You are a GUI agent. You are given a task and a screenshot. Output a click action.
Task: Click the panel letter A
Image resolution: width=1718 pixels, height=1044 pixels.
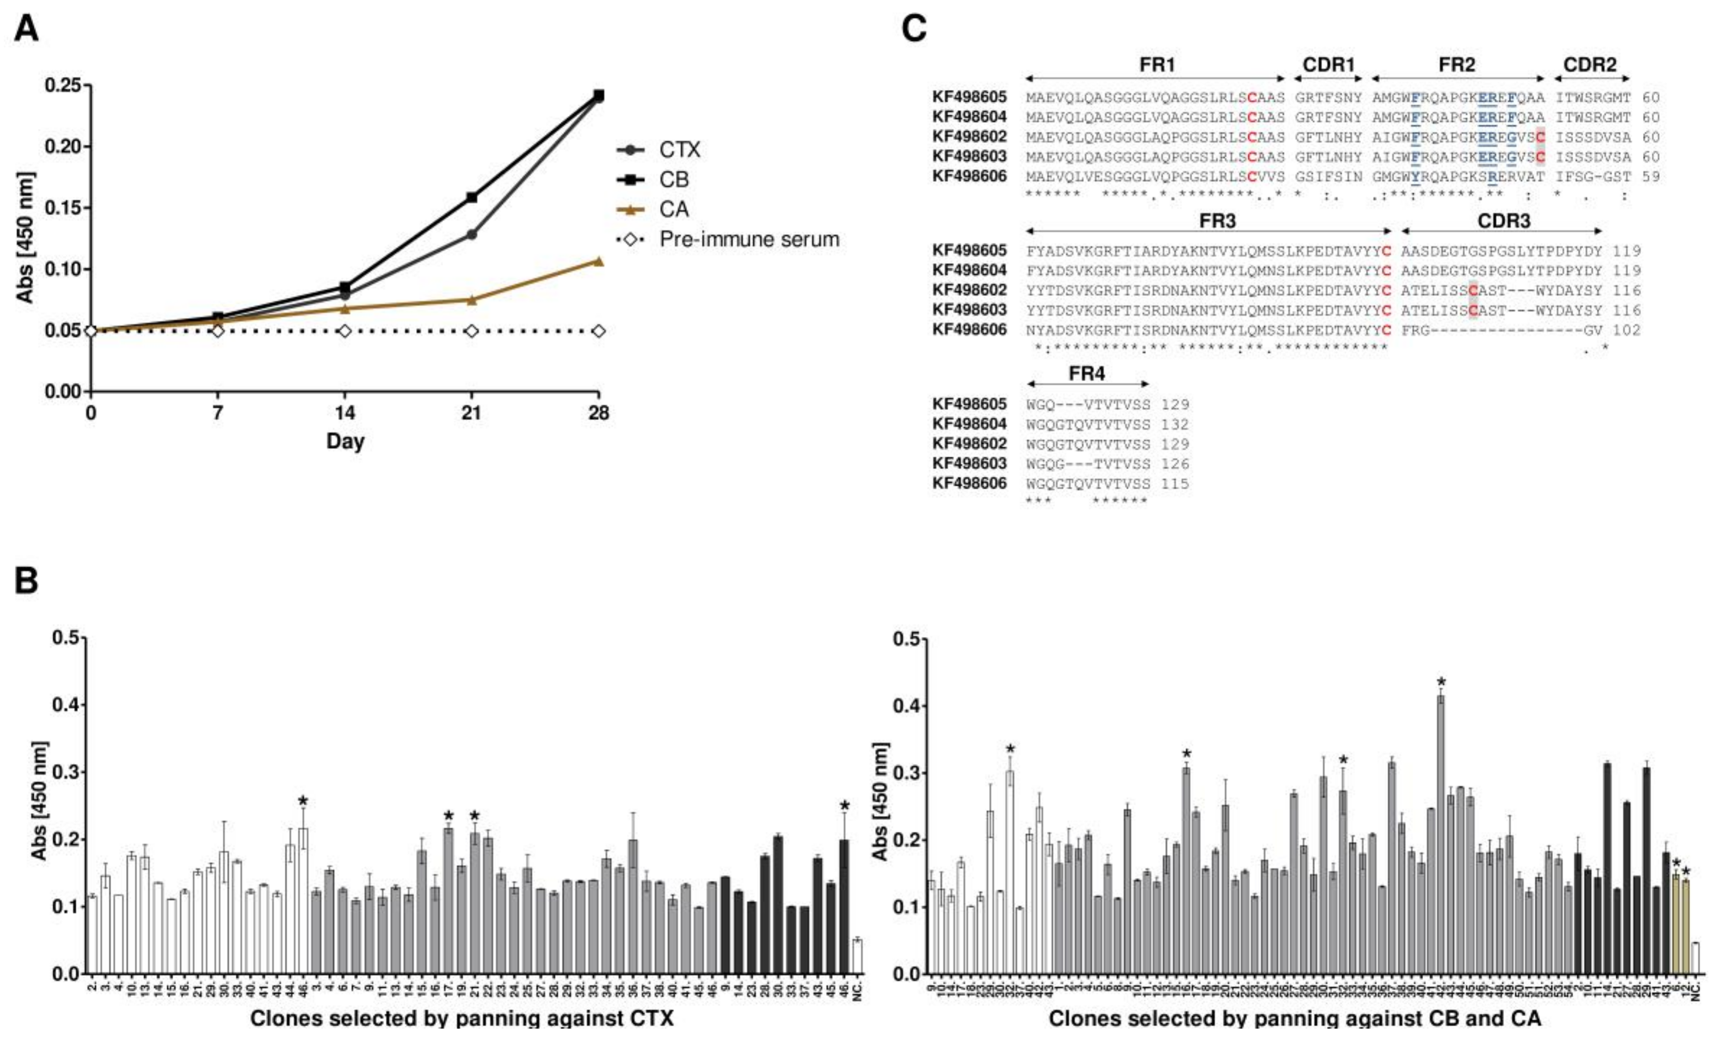pos(26,29)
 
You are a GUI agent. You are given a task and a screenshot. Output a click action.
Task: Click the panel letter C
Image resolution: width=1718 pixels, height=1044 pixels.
pos(914,29)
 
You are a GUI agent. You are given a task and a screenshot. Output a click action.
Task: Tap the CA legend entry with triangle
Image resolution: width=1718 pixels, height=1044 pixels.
pos(673,209)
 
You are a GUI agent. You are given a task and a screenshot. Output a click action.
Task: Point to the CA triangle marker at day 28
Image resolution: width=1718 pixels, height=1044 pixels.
pos(598,261)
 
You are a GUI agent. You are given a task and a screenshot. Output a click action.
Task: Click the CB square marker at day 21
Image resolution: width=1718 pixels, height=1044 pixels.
pos(471,197)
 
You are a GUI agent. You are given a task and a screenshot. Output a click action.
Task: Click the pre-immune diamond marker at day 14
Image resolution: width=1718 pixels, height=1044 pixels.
pos(344,330)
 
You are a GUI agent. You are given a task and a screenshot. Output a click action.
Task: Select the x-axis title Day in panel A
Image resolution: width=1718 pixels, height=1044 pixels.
pos(345,441)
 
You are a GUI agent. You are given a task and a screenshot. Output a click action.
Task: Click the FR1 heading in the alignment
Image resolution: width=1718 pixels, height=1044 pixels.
pos(1157,65)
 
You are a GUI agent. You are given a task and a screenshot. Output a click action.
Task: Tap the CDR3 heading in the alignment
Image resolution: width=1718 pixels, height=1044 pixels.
pos(1504,221)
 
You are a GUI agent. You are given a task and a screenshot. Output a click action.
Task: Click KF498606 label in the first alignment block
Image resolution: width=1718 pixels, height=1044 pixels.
pos(969,176)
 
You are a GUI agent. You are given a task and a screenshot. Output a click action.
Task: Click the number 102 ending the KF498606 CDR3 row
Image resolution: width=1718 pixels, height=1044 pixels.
pos(1626,330)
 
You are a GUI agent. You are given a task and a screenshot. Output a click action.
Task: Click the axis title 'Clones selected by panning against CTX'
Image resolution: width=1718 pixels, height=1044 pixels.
pos(462,1018)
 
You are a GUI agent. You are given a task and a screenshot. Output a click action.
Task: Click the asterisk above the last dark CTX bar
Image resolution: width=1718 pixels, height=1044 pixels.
pos(845,807)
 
